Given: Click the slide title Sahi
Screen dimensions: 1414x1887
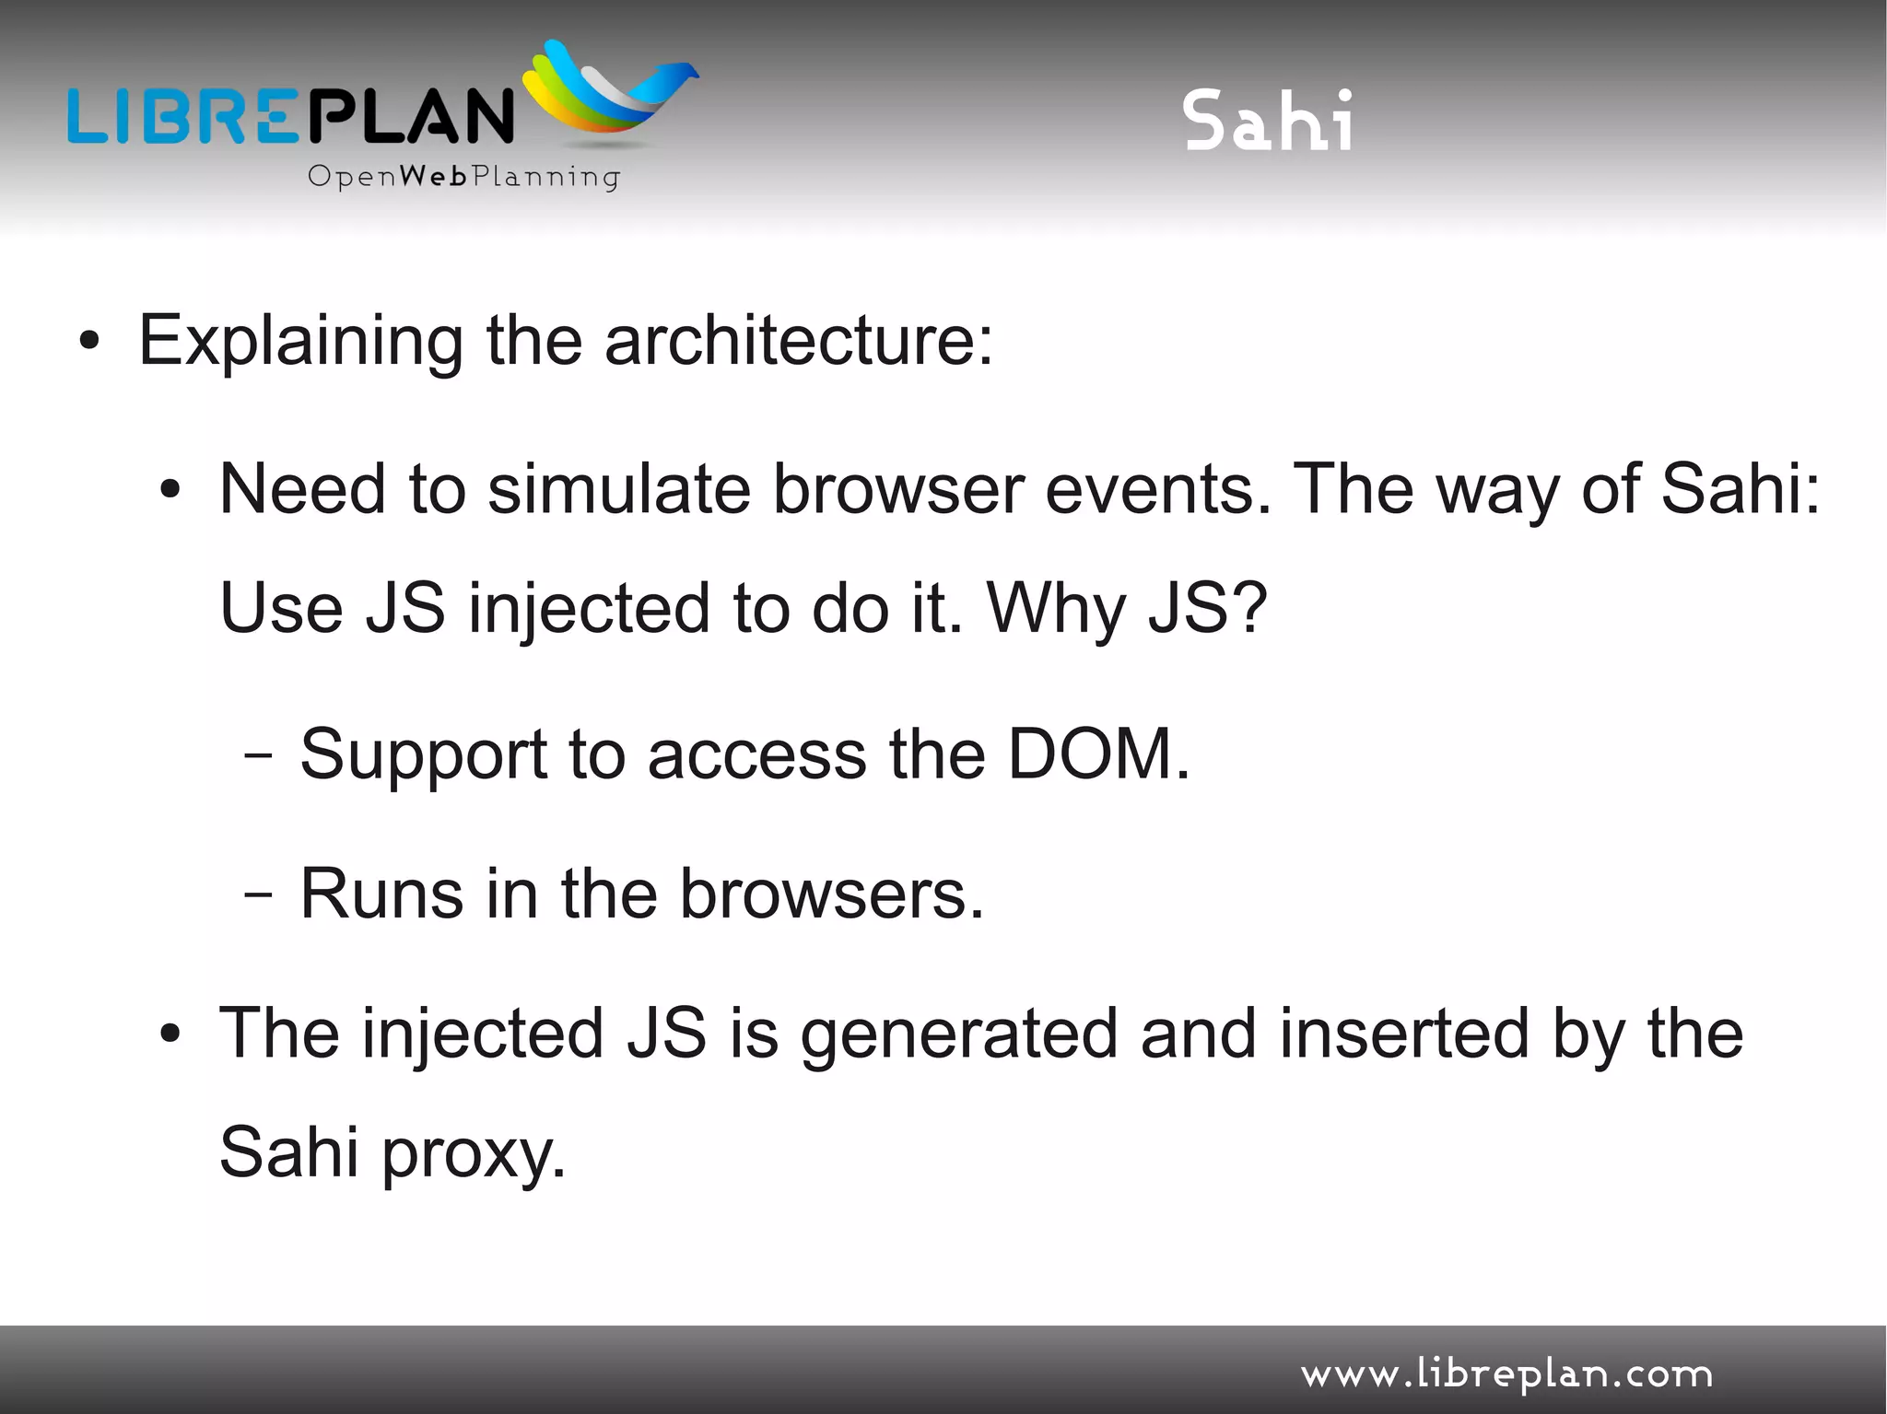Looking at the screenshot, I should coord(1268,121).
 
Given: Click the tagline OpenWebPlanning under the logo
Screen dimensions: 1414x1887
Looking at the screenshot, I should coord(463,176).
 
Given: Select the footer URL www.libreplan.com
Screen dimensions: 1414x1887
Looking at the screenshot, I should coord(1506,1374).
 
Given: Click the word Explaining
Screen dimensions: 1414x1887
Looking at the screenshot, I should coord(300,342).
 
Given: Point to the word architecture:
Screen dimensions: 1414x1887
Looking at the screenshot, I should coord(799,340).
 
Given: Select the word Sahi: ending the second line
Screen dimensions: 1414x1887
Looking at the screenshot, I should coord(1740,488).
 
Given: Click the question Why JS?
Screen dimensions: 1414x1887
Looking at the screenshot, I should coord(1127,608).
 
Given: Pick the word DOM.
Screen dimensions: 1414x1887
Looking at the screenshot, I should coord(1098,754).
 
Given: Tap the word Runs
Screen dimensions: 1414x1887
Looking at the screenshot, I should coord(381,894).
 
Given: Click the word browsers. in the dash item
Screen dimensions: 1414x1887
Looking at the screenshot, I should coord(831,894).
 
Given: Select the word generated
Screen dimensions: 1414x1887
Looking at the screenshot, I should coord(958,1034).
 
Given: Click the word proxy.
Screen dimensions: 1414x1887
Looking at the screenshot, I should coord(473,1154).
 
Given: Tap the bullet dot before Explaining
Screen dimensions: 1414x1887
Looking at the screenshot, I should coord(88,342).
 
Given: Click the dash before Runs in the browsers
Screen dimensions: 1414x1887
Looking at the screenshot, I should coord(259,894).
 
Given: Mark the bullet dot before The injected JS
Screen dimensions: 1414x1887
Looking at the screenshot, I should coord(169,1034).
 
